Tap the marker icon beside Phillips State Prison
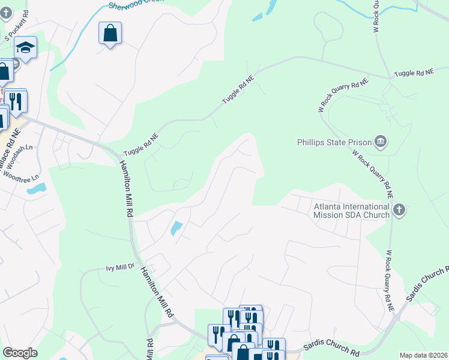coord(380,142)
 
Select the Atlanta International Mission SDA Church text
coord(352,210)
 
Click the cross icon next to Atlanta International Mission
coord(400,210)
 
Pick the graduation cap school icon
coord(26,47)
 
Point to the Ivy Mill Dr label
coord(122,268)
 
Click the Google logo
coord(20,353)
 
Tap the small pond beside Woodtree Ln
coord(37,189)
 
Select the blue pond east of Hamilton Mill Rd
coord(176,229)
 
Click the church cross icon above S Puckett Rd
coord(7,13)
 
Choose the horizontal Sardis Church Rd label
coord(331,347)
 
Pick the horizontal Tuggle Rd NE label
coord(413,73)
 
